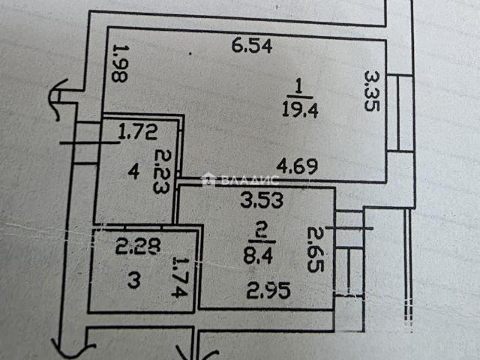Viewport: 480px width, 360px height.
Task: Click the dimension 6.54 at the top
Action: pos(252,46)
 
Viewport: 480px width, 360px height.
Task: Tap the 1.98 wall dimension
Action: pos(120,64)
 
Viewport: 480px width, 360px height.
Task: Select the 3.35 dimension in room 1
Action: pos(372,91)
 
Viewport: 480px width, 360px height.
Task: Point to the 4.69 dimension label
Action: pos(297,166)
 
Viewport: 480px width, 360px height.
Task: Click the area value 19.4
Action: pos(300,109)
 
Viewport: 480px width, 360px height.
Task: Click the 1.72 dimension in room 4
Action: pos(138,132)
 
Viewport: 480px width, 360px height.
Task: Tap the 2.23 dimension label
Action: pos(162,171)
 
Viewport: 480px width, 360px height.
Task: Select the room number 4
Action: pos(133,172)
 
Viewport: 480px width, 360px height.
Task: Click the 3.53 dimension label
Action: pos(262,200)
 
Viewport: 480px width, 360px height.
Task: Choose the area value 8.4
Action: pos(258,256)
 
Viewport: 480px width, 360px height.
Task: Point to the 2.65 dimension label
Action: pos(316,249)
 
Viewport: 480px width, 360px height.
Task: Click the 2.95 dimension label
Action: pos(268,290)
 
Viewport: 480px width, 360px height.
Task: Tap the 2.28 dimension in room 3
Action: pos(138,247)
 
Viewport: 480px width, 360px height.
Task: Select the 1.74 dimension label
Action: pos(179,277)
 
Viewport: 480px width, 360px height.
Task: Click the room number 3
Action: pos(134,280)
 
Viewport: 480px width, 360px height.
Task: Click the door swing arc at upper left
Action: pos(57,98)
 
